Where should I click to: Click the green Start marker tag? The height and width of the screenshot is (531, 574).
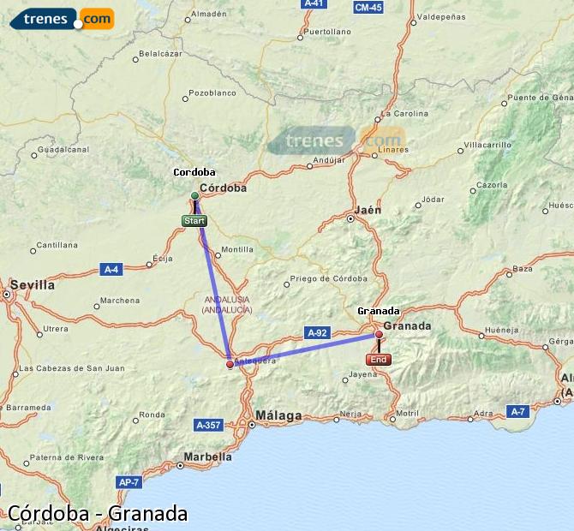[x=194, y=221]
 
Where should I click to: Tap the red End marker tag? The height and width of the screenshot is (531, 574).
[x=380, y=360]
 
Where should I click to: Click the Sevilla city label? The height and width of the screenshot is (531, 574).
[x=32, y=284]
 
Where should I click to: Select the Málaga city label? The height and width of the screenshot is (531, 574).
[x=278, y=416]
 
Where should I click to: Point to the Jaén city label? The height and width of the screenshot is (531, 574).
[x=367, y=209]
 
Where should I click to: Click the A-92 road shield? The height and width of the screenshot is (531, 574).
[x=316, y=331]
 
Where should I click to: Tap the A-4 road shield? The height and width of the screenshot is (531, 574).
[x=111, y=269]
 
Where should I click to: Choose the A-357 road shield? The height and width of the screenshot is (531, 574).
[x=208, y=424]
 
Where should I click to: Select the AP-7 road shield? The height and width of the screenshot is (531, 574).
[x=129, y=482]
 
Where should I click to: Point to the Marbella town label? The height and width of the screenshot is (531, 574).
[x=208, y=456]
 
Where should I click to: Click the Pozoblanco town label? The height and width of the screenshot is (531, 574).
[x=212, y=92]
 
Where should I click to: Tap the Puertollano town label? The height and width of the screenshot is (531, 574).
[x=328, y=32]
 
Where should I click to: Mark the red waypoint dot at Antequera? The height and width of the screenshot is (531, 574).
[x=230, y=364]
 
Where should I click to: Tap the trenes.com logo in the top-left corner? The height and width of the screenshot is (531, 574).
[x=60, y=18]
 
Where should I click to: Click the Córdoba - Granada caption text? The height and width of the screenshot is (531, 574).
[x=97, y=513]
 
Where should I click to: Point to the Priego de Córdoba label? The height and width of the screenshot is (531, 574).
[x=329, y=279]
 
